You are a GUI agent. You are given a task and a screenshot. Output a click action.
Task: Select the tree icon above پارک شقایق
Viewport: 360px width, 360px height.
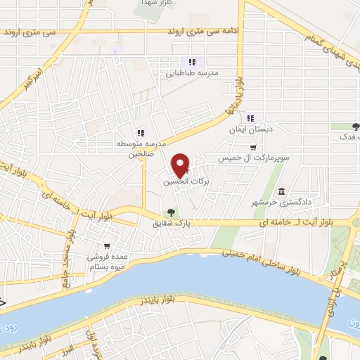coord(170,213)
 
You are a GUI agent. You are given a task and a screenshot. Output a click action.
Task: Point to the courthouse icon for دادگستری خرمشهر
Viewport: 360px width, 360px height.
coord(281,192)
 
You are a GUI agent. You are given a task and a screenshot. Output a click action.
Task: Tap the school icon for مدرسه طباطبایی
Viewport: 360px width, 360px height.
coord(192,62)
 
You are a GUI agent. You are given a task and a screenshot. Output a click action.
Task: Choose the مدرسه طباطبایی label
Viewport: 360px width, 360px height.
coord(192,72)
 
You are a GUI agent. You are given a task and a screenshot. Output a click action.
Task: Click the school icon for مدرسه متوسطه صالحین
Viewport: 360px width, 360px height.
coord(141,132)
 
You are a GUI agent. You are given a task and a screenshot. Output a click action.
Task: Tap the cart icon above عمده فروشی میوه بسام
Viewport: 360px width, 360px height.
coord(106,246)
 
